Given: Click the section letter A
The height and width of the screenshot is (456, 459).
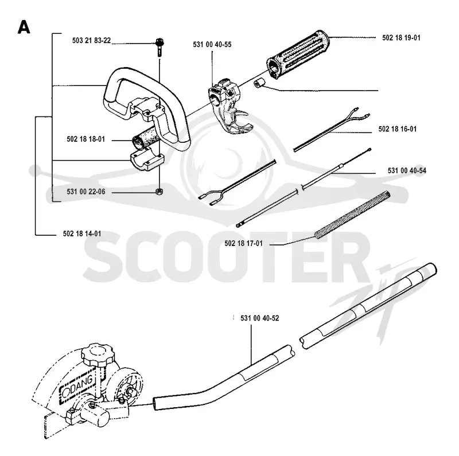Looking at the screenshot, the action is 24,27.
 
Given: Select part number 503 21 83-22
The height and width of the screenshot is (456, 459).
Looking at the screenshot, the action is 92,40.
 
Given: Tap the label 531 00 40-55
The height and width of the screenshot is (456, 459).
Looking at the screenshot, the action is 212,45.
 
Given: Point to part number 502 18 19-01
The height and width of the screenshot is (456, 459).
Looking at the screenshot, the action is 401,38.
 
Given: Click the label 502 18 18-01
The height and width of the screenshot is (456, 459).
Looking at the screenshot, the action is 85,139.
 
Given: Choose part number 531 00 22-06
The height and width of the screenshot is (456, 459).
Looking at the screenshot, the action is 85,192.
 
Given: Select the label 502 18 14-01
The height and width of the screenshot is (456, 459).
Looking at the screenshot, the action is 82,233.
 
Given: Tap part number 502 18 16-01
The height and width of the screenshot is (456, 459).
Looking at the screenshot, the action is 398,129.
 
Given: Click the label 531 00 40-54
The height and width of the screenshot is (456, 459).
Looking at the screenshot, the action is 407,170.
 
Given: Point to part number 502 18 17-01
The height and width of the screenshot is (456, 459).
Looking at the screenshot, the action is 243,244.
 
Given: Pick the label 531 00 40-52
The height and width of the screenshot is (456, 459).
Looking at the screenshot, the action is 260,318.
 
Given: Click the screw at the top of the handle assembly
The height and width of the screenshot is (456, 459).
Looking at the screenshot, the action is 160,47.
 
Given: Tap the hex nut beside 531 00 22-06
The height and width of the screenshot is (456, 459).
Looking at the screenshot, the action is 159,192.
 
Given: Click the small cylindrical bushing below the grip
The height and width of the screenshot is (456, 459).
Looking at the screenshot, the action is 259,83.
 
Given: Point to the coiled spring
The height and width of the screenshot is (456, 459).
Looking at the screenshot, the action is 352,215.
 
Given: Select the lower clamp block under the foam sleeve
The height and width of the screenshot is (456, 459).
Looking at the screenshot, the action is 147,161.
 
